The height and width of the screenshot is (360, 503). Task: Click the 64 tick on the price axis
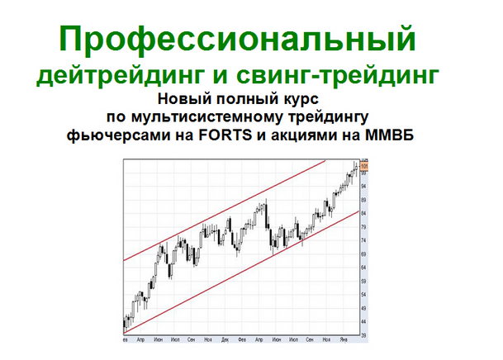click(x=364, y=252)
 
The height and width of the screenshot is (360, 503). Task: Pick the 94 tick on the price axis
click(x=364, y=186)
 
